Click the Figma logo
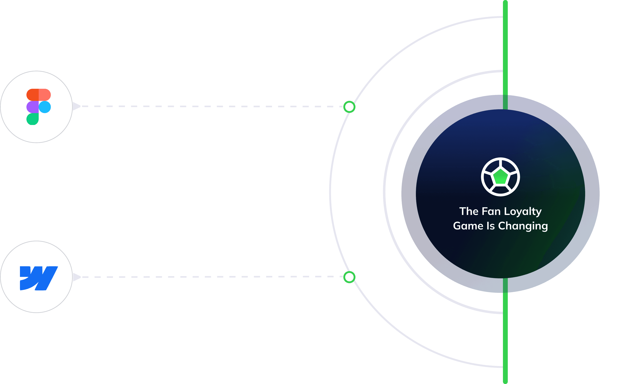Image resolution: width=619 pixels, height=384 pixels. click(x=39, y=107)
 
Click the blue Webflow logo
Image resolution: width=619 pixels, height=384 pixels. click(x=39, y=278)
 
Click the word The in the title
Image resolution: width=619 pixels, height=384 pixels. click(x=469, y=211)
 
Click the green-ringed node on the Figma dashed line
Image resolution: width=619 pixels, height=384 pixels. click(x=349, y=107)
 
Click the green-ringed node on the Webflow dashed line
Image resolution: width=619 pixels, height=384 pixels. click(x=349, y=277)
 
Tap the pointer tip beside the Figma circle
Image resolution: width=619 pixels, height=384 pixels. click(x=76, y=106)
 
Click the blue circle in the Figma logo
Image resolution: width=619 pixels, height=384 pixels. click(x=45, y=107)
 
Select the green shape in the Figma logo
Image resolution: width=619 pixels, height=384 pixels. click(x=32, y=119)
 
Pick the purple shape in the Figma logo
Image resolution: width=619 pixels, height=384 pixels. click(x=32, y=107)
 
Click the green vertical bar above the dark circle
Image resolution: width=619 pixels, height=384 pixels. click(x=505, y=51)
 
